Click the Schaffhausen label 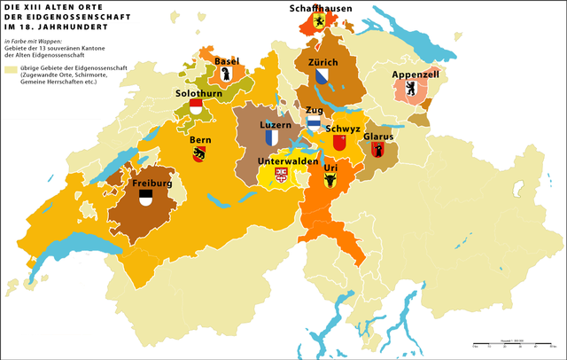tap(321, 8)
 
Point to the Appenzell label tap(417, 75)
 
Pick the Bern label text tap(200, 140)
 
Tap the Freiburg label tap(151, 184)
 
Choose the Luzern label tap(275, 125)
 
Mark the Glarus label tap(378, 137)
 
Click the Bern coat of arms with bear tap(199, 154)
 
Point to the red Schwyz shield tap(338, 143)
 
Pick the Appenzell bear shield tap(411, 90)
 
